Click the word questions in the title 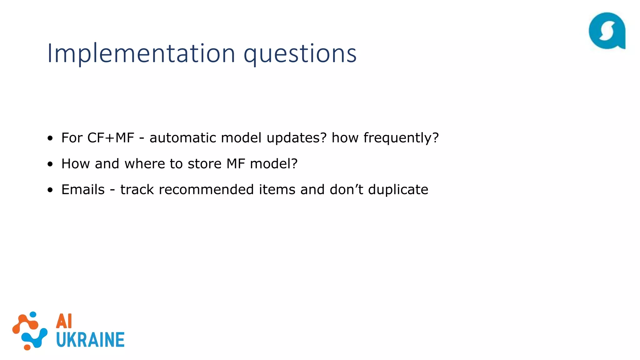[300, 54]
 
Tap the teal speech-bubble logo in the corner [607, 31]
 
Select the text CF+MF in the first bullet [111, 138]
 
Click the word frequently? [401, 138]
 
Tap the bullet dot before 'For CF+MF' [50, 138]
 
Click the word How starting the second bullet [75, 164]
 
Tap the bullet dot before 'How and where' [50, 164]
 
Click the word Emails [83, 190]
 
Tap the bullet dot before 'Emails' [50, 190]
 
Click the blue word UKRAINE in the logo [90, 340]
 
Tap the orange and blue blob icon [30, 331]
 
